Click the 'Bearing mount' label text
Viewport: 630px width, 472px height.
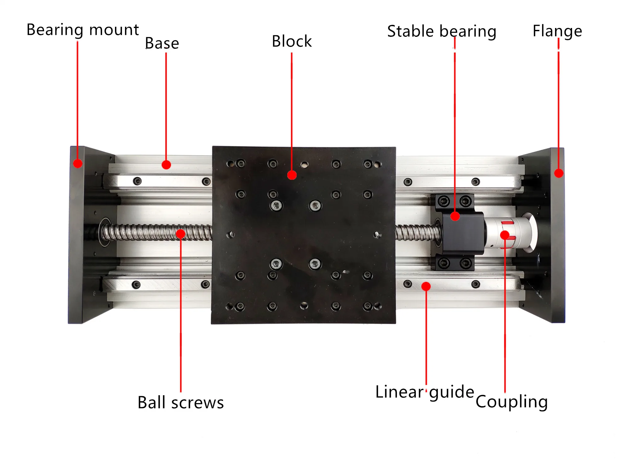pyautogui.click(x=83, y=30)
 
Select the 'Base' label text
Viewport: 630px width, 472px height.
pyautogui.click(x=162, y=43)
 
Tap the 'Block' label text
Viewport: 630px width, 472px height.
pyautogui.click(x=292, y=41)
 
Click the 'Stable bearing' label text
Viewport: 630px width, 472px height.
pyautogui.click(x=442, y=31)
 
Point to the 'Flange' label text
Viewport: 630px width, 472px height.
pyautogui.click(x=557, y=31)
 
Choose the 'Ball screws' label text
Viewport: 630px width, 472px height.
pyautogui.click(x=180, y=402)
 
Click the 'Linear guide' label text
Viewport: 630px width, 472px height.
pyautogui.click(x=425, y=392)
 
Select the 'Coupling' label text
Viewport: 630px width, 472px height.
pyautogui.click(x=512, y=402)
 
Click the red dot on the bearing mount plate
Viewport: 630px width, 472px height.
pyautogui.click(x=78, y=163)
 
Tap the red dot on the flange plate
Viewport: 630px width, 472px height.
pyautogui.click(x=559, y=173)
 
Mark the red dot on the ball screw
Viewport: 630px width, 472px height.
pyautogui.click(x=180, y=233)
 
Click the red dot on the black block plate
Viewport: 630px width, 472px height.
pyautogui.click(x=292, y=175)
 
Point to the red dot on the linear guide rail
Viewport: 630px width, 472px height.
pyautogui.click(x=426, y=286)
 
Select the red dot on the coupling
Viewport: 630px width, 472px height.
pyautogui.click(x=505, y=235)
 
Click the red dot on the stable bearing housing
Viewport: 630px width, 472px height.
pyautogui.click(x=455, y=216)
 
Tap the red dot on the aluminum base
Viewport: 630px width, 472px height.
pyautogui.click(x=166, y=165)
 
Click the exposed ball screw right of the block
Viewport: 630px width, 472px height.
pyautogui.click(x=416, y=233)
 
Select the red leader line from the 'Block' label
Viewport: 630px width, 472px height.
pyautogui.click(x=292, y=110)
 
